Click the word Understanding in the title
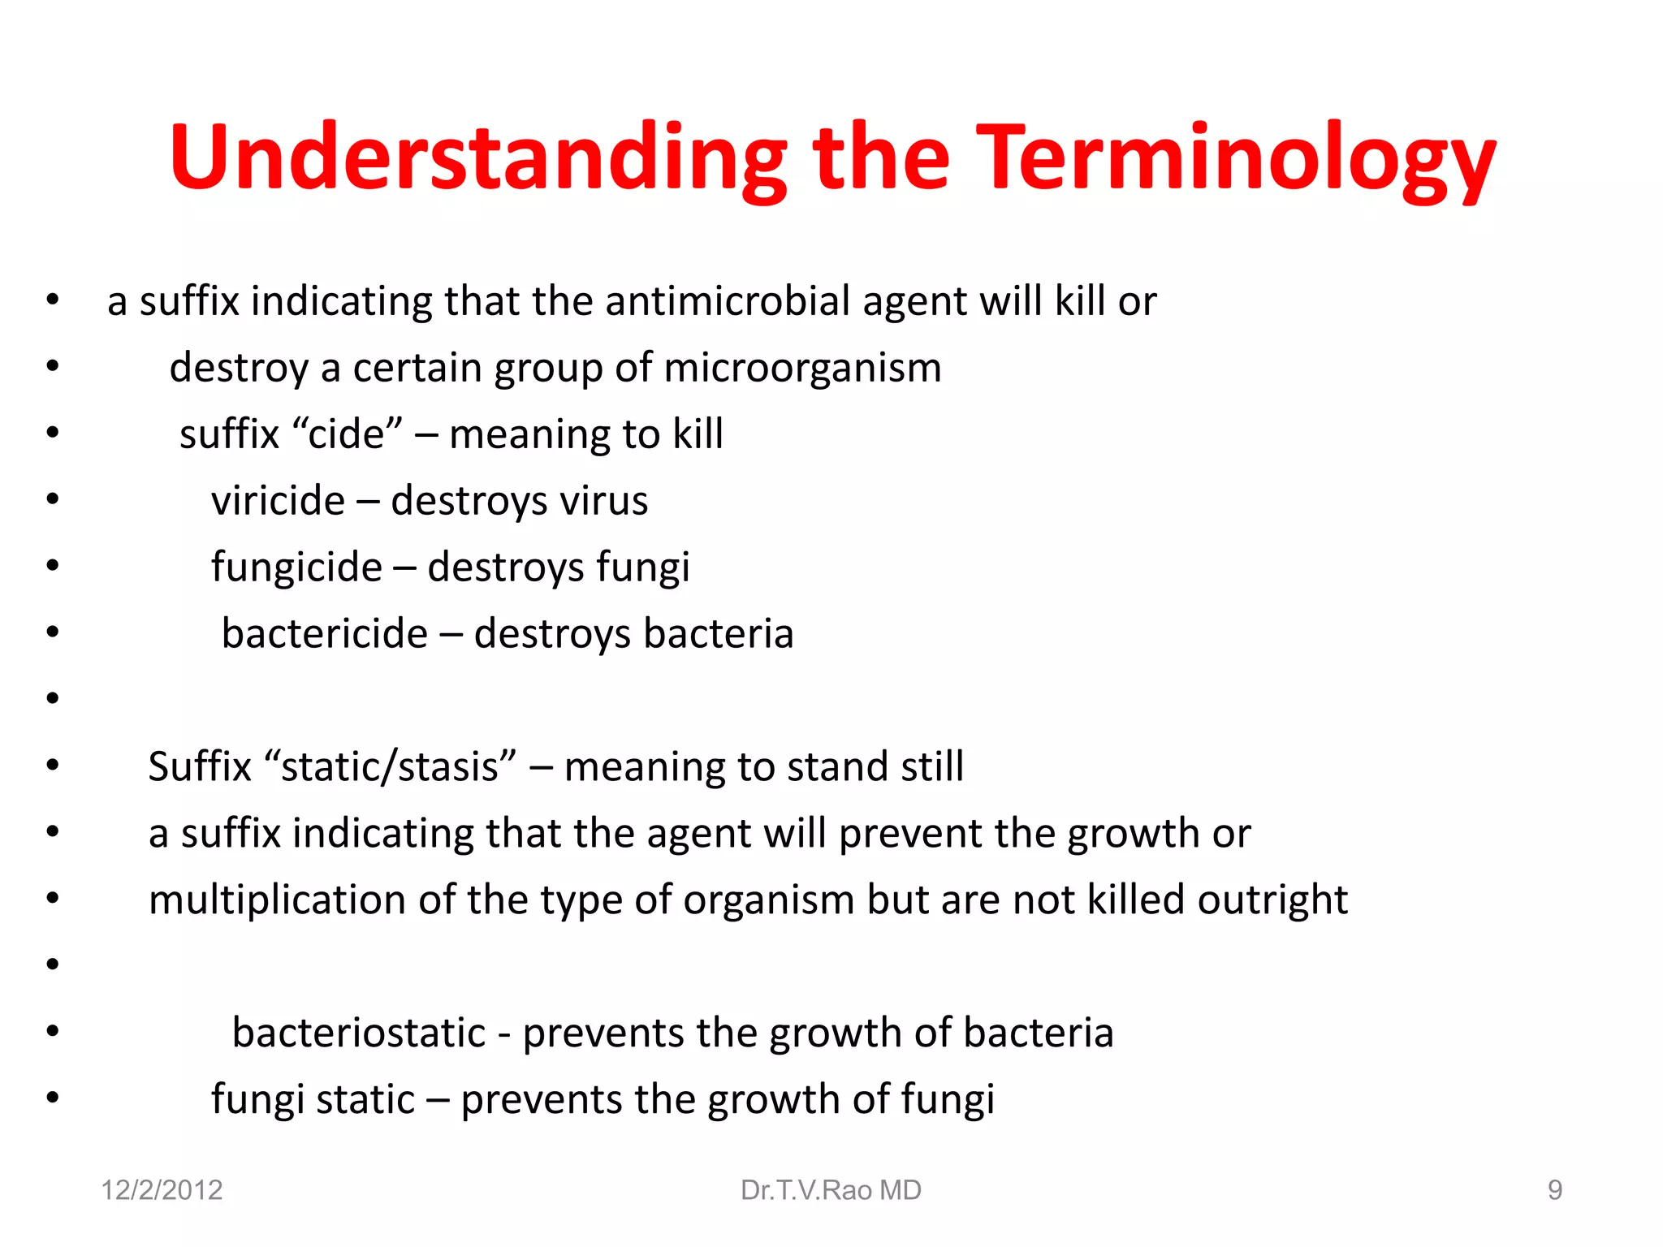click(477, 158)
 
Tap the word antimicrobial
click(727, 301)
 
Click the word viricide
click(278, 501)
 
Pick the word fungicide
click(296, 567)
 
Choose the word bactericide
click(324, 634)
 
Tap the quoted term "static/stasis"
click(390, 767)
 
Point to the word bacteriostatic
click(358, 1033)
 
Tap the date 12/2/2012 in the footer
click(162, 1190)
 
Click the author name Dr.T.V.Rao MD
click(831, 1190)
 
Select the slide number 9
click(1554, 1190)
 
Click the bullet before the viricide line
click(53, 498)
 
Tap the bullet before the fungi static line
click(53, 1098)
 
